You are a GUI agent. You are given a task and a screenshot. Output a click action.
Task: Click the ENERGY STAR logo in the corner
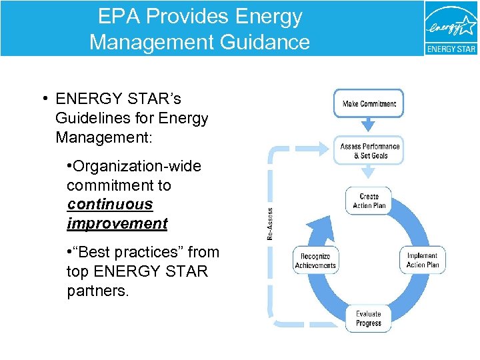(451, 28)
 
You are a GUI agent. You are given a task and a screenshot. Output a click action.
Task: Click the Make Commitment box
(369, 103)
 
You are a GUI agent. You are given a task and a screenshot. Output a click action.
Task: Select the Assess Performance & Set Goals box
(369, 151)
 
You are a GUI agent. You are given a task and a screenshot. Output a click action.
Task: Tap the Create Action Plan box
(369, 201)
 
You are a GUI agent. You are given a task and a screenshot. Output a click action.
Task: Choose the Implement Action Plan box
(423, 260)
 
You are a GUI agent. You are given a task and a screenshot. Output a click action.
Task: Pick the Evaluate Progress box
(368, 319)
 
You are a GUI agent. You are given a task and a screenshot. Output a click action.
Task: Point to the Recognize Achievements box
(315, 261)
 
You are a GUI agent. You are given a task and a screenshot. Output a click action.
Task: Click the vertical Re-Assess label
(270, 222)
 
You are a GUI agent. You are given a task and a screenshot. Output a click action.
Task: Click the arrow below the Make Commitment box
(369, 125)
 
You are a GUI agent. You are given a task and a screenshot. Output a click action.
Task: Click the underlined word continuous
(110, 205)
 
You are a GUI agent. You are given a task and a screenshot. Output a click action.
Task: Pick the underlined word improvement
(117, 223)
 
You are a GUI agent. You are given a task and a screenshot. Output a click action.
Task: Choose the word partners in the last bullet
(96, 291)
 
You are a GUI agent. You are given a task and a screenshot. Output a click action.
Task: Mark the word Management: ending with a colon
(104, 138)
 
